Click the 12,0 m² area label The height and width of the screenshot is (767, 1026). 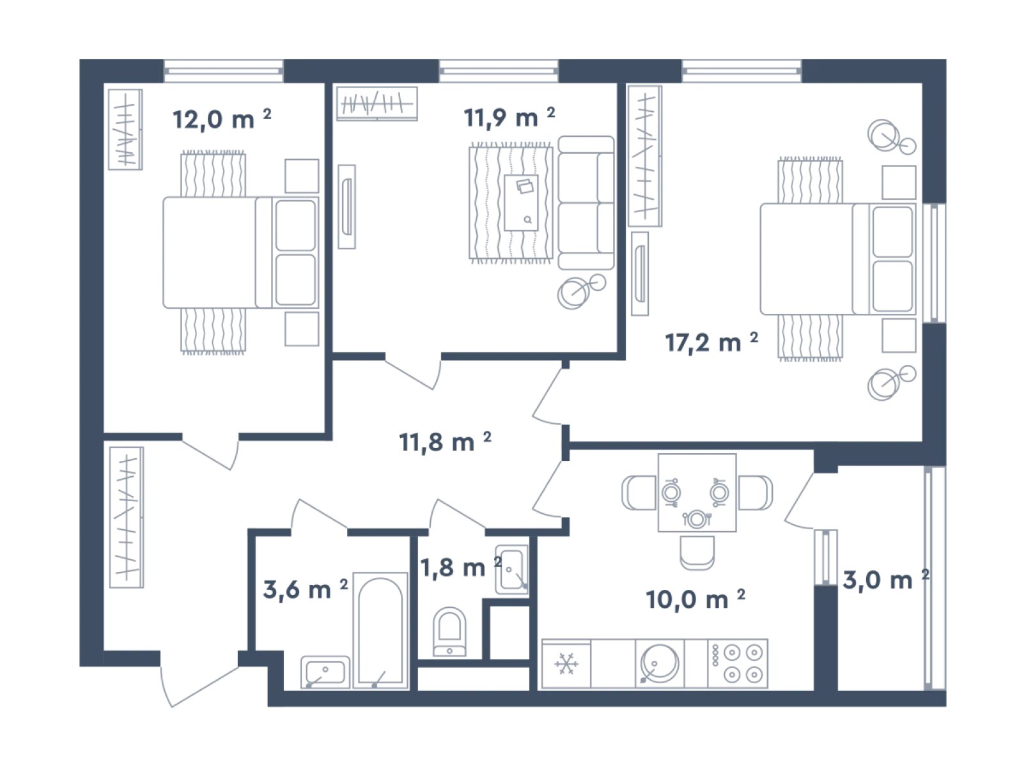(x=222, y=119)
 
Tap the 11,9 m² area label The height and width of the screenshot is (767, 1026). (x=509, y=118)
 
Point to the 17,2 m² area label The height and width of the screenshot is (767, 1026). (x=711, y=342)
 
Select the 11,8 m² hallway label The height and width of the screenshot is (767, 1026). (x=445, y=442)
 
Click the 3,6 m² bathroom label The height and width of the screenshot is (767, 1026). (x=306, y=589)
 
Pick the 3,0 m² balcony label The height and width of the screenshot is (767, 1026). (x=886, y=580)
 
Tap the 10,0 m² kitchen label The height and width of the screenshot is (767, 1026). (x=696, y=600)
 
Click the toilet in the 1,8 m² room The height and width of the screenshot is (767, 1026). (x=449, y=631)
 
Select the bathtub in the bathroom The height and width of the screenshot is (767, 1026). (x=380, y=631)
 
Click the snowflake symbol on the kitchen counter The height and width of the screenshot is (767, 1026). (x=566, y=664)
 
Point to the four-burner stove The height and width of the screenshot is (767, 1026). (x=738, y=663)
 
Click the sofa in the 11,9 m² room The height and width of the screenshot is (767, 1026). (x=586, y=203)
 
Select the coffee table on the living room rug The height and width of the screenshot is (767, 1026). (x=521, y=203)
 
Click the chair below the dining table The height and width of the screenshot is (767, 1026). (x=697, y=553)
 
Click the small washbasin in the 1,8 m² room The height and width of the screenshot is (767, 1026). (x=512, y=569)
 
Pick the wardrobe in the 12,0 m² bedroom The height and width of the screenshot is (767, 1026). (x=125, y=130)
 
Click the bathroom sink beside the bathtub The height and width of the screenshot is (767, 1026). (x=325, y=672)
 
